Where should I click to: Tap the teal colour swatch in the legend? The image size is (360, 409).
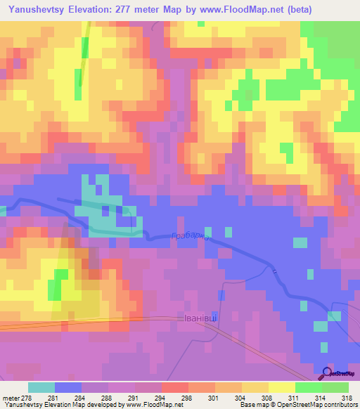pyautogui.click(x=41, y=387)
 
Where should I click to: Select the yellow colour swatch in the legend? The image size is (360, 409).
pyautogui.click(x=281, y=387)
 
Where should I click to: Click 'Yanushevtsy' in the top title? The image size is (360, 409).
pyautogui.click(x=40, y=9)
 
